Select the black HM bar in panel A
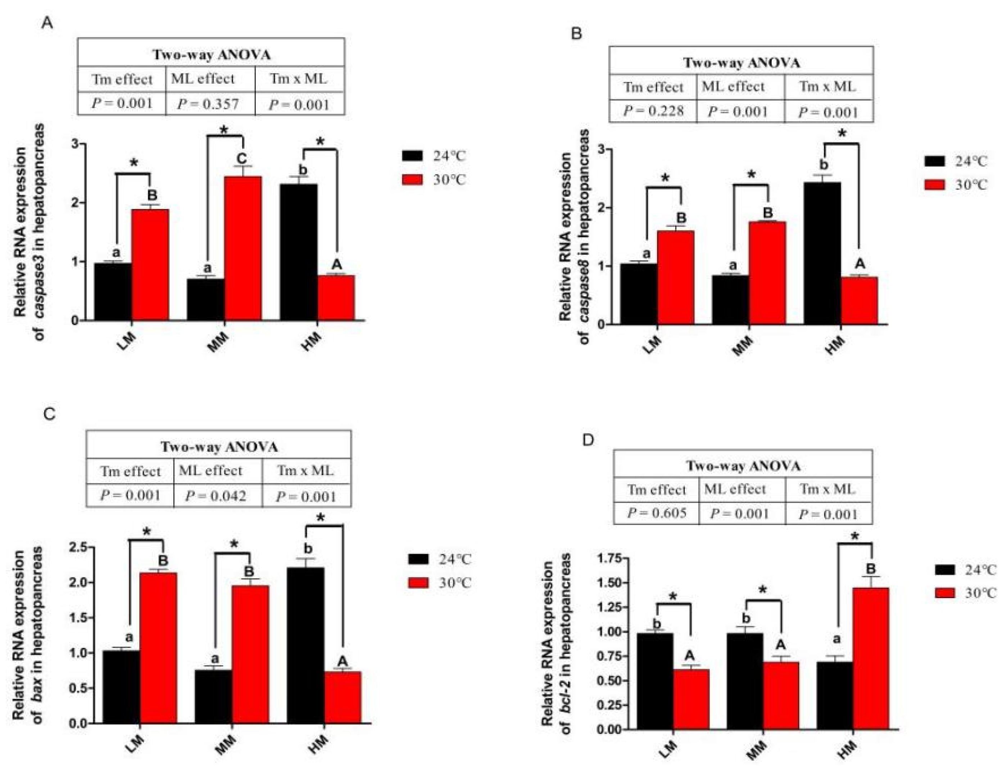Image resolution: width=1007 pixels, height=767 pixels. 298,252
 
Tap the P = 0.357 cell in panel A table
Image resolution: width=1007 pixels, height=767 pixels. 208,104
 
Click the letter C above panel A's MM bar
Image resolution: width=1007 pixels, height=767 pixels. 242,159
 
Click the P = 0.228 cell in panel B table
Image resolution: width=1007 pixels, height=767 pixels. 653,111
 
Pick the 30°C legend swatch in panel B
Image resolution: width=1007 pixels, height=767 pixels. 934,185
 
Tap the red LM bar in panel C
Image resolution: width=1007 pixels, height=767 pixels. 158,648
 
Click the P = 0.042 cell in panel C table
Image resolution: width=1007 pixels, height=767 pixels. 216,496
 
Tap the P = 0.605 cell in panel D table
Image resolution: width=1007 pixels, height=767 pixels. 657,513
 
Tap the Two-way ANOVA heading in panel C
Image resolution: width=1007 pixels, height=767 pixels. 219,447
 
